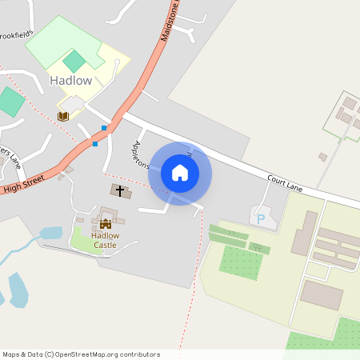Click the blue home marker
click(x=180, y=173)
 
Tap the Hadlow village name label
click(x=71, y=81)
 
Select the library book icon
click(x=62, y=116)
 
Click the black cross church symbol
click(x=120, y=190)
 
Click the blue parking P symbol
click(x=260, y=218)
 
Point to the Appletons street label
click(x=141, y=155)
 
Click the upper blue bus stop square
click(x=104, y=128)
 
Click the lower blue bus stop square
click(x=95, y=144)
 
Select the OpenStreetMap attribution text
click(x=81, y=354)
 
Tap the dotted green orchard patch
click(x=241, y=262)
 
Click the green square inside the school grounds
click(x=74, y=61)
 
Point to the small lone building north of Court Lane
click(x=322, y=157)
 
